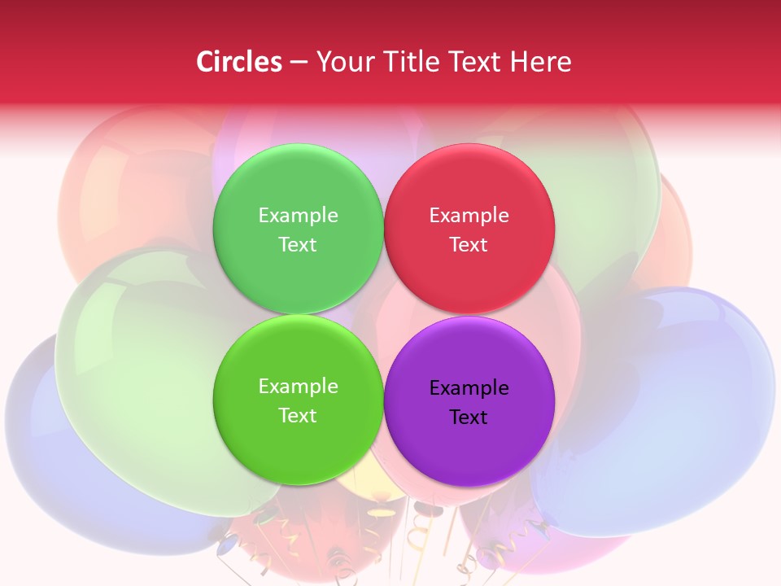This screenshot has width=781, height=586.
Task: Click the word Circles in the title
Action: (x=238, y=62)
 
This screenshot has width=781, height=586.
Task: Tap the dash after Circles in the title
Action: (x=299, y=63)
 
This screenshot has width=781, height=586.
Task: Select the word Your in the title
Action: (x=343, y=62)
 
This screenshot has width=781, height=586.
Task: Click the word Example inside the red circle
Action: (x=469, y=215)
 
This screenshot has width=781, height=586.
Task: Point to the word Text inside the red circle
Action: (x=469, y=244)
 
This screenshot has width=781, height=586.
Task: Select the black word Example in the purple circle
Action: (x=469, y=387)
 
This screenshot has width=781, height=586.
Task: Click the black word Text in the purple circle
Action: (x=469, y=417)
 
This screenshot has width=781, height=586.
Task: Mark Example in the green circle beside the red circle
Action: (x=298, y=215)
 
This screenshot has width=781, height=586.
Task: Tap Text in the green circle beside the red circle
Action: (x=298, y=244)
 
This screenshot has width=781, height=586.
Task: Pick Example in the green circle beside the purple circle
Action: (x=298, y=386)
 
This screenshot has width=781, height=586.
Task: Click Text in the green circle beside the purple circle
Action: (x=298, y=415)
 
